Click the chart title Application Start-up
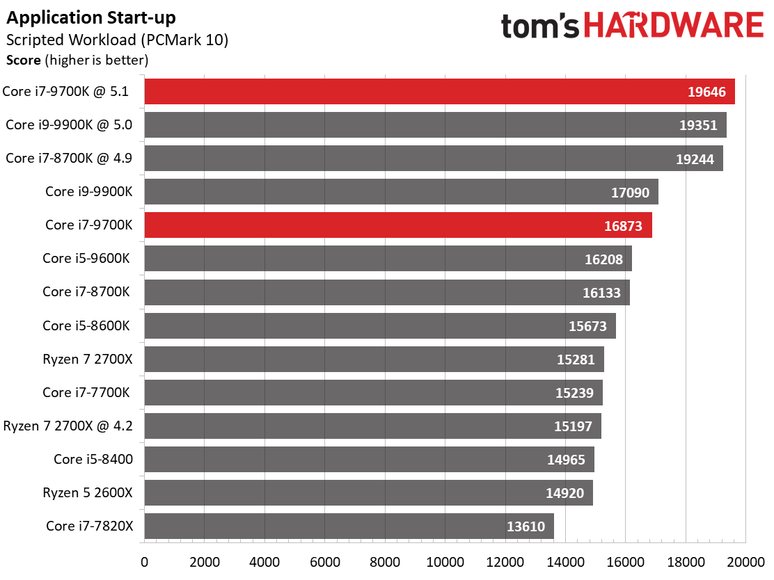(91, 17)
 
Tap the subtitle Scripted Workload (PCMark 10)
(117, 40)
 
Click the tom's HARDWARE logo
(632, 27)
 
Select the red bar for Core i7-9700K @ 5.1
(439, 92)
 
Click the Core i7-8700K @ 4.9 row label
(69, 158)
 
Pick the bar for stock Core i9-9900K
(401, 192)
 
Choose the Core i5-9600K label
(87, 258)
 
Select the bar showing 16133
(387, 292)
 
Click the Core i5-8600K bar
(380, 325)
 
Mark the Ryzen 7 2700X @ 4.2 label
(68, 426)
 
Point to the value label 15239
(574, 392)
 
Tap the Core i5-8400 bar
(369, 459)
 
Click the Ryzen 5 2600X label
(88, 492)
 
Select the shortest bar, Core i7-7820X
(349, 526)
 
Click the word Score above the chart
(23, 61)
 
